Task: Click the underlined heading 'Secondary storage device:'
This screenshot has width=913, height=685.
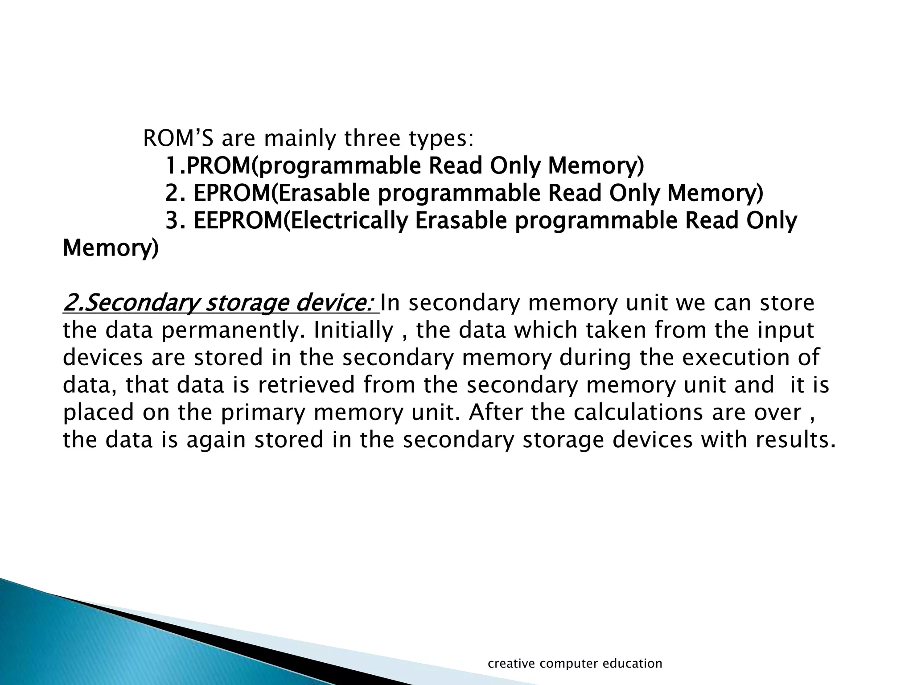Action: pos(221,303)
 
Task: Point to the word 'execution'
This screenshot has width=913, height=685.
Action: pos(733,358)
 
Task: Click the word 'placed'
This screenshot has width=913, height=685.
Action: pos(98,412)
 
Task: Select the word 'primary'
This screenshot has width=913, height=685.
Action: pos(263,412)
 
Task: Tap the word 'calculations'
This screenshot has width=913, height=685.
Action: pos(638,412)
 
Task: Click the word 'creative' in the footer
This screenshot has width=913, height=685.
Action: pos(511,664)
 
